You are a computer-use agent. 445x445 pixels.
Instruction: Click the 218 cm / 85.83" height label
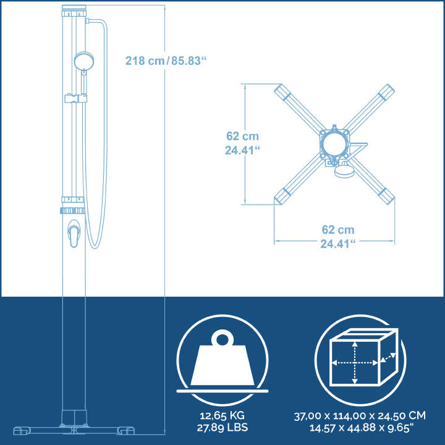click(x=164, y=61)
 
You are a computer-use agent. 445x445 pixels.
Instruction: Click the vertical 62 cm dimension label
click(x=242, y=143)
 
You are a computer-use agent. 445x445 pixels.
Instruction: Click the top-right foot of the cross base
click(x=387, y=92)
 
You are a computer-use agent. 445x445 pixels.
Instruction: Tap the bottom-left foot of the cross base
click(x=282, y=197)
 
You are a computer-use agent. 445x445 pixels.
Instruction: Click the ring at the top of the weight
click(x=222, y=339)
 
